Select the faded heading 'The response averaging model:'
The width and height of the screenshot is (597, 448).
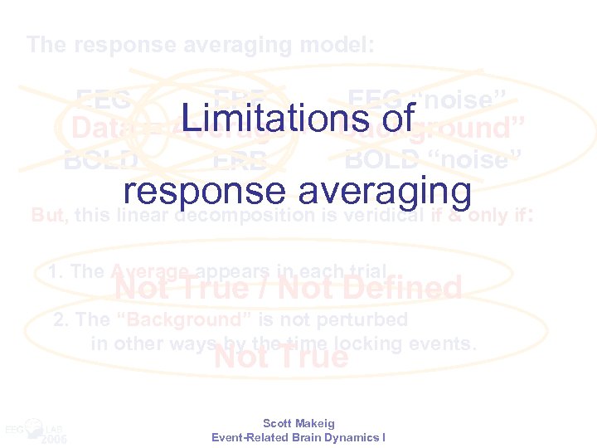pos(200,45)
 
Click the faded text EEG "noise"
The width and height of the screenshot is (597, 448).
pos(426,100)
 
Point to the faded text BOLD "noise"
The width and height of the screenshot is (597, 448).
pos(432,158)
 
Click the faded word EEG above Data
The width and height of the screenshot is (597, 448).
pos(103,100)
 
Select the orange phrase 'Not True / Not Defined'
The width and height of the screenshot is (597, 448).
pos(288,288)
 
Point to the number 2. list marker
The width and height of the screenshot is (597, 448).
pos(61,319)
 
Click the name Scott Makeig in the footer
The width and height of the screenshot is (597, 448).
pos(298,423)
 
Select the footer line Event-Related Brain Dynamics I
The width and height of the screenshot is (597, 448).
pos(298,437)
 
